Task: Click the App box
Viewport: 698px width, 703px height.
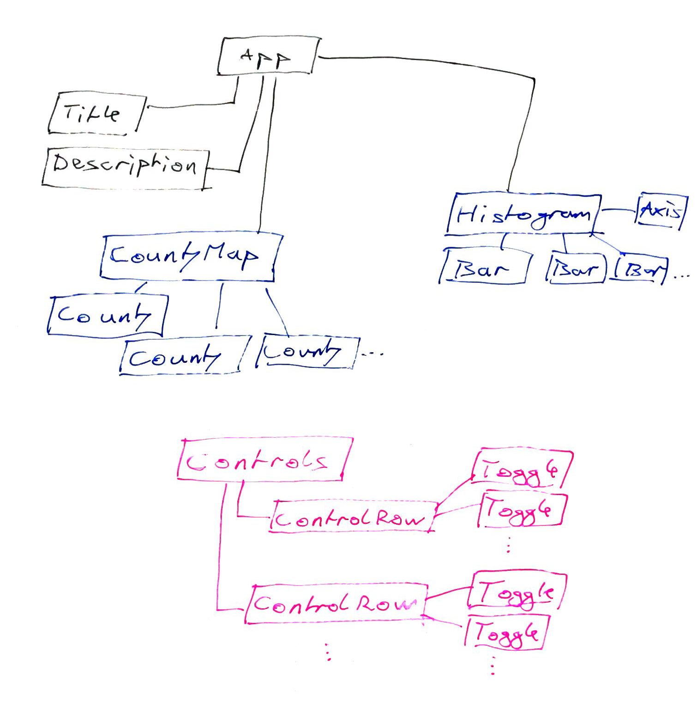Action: (x=268, y=56)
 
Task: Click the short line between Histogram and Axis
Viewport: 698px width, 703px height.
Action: (x=619, y=210)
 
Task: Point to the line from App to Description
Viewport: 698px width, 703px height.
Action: (x=249, y=134)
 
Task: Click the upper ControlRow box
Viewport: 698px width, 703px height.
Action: (x=351, y=518)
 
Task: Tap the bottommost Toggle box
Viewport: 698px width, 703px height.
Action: (x=506, y=633)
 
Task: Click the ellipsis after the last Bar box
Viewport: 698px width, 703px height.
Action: (x=681, y=276)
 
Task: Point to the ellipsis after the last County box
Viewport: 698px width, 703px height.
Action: (x=373, y=354)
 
